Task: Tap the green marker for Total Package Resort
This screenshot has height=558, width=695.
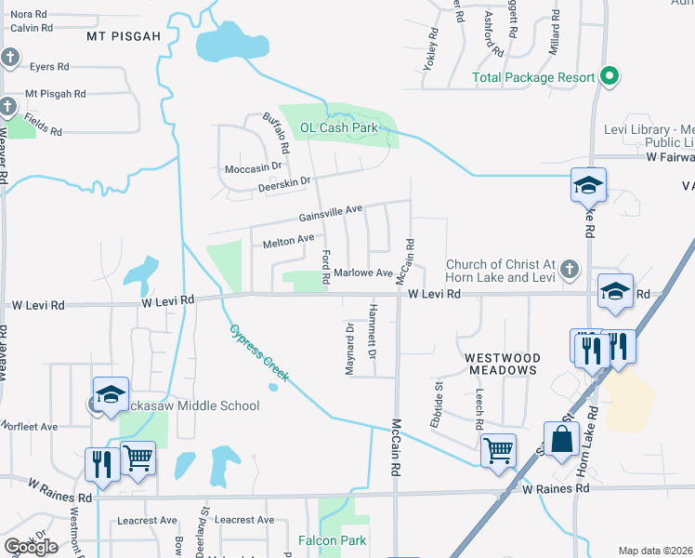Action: [610, 76]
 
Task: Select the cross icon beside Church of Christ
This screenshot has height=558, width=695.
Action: [571, 270]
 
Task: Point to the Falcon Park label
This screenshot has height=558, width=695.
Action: [332, 540]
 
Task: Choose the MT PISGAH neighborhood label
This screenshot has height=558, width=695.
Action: [124, 36]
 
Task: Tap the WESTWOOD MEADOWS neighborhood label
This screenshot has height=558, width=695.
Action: [502, 364]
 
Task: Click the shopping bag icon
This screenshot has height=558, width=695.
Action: [562, 439]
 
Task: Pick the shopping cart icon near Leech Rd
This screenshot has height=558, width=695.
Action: [499, 449]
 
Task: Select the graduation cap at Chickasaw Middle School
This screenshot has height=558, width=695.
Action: [111, 394]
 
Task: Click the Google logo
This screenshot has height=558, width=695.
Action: [31, 547]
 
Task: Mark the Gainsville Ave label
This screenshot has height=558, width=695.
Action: [330, 215]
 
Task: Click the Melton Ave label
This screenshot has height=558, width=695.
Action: [288, 241]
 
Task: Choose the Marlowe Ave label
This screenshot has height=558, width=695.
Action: [364, 272]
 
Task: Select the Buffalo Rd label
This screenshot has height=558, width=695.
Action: [277, 135]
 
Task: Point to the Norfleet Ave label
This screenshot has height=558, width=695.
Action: [30, 426]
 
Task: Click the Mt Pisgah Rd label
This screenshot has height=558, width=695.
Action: [56, 94]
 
